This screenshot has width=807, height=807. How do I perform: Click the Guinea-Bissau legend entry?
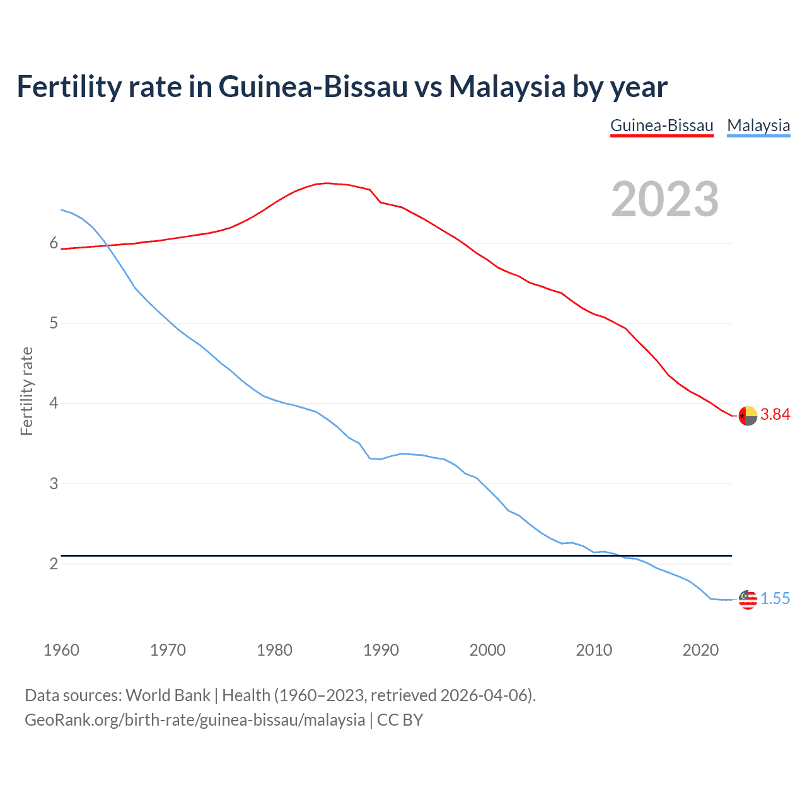point(661,125)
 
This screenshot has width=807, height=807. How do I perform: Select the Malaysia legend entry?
point(758,125)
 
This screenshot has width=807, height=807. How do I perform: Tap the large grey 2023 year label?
point(665,199)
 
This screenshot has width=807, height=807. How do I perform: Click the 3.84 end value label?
point(775,414)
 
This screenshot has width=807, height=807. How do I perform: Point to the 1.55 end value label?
point(775,598)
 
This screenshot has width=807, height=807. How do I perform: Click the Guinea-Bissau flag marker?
point(748,415)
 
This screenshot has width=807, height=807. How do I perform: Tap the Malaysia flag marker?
point(748,600)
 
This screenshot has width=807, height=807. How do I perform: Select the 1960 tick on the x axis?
point(61,650)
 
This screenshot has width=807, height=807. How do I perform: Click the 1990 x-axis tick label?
point(381,650)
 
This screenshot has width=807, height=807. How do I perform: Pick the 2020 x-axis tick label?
point(700,650)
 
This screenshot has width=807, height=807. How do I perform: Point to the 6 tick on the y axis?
point(54,243)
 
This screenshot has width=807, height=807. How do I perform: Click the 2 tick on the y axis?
point(54,564)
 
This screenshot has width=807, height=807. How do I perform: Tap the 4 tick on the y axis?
point(54,403)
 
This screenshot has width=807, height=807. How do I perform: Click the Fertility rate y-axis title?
point(26,391)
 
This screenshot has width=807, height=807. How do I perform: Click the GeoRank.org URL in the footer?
point(194,720)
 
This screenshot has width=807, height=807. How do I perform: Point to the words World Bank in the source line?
point(168,695)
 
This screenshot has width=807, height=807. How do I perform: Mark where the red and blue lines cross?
point(105,245)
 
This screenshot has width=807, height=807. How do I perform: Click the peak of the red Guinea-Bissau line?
point(326,183)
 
